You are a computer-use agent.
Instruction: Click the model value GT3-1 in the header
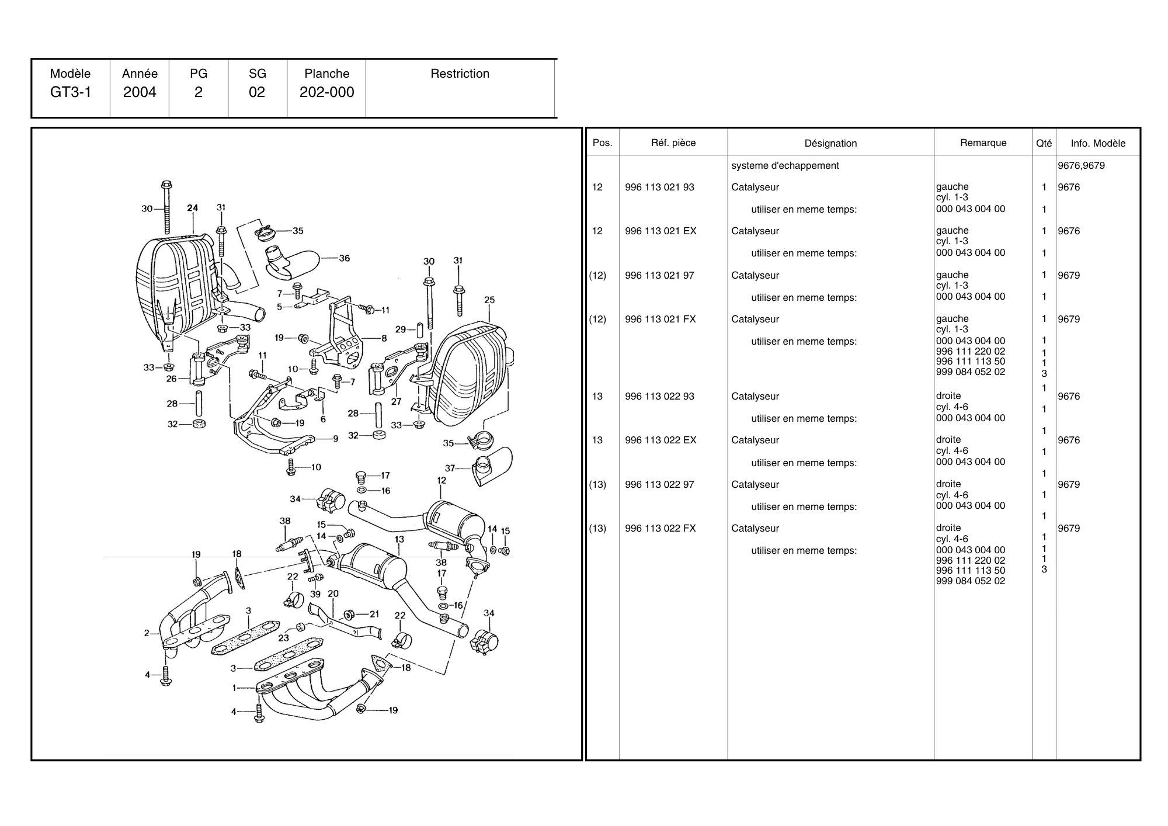tap(71, 92)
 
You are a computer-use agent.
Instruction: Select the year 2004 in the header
tap(140, 92)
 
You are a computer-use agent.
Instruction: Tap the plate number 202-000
tap(326, 92)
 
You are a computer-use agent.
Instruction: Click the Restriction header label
tap(460, 74)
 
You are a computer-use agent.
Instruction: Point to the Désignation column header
tap(830, 143)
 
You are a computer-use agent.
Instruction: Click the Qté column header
tap(1044, 143)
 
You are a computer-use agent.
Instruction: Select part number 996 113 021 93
tap(659, 188)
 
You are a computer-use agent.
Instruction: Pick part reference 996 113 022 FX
tap(660, 529)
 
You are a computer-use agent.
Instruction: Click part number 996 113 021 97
tap(659, 276)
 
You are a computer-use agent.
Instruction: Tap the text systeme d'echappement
tap(785, 166)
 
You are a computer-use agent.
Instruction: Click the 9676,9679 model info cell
tap(1081, 166)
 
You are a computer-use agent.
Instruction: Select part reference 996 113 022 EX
tap(660, 440)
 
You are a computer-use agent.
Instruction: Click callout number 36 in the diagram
tap(345, 258)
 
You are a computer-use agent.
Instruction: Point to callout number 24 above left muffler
tap(192, 207)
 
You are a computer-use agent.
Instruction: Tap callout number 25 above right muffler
tap(489, 300)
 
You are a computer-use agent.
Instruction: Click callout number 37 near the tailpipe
tap(450, 468)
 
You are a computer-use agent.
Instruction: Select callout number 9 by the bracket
tap(335, 439)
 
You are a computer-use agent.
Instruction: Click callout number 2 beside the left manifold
tap(147, 633)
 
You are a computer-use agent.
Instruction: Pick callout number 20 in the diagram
tap(333, 594)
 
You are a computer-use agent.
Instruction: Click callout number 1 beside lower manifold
tap(234, 688)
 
